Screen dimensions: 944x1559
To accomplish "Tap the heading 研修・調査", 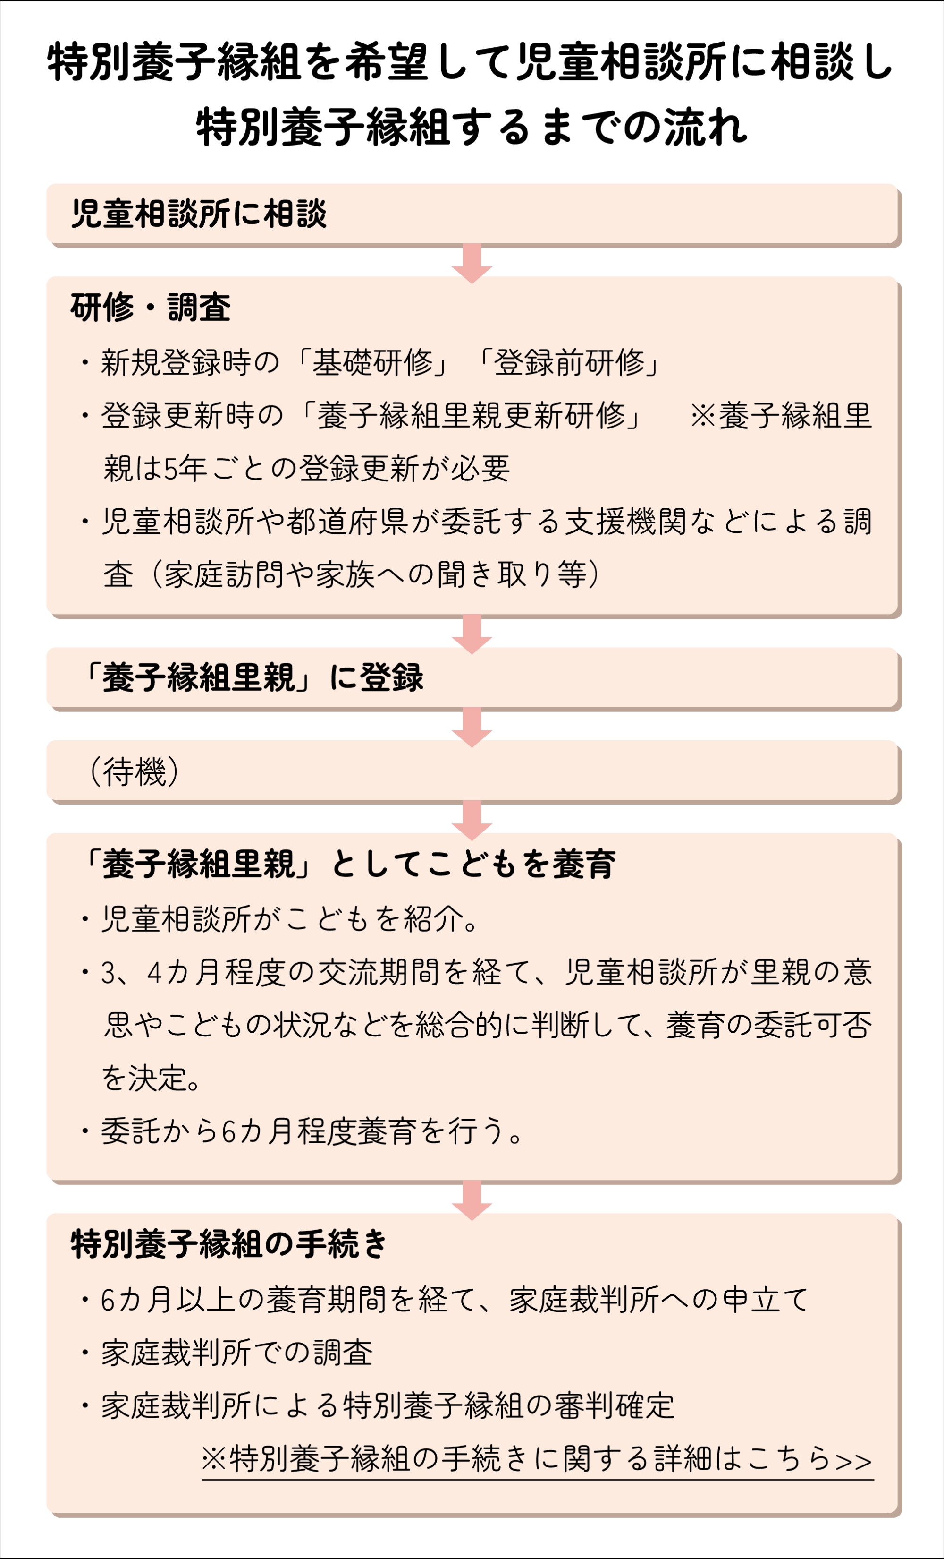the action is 151,308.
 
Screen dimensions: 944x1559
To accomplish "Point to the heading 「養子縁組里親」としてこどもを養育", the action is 346,864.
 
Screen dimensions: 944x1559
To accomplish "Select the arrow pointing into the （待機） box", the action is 472,727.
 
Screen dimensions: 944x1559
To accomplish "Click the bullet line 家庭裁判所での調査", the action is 236,1353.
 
